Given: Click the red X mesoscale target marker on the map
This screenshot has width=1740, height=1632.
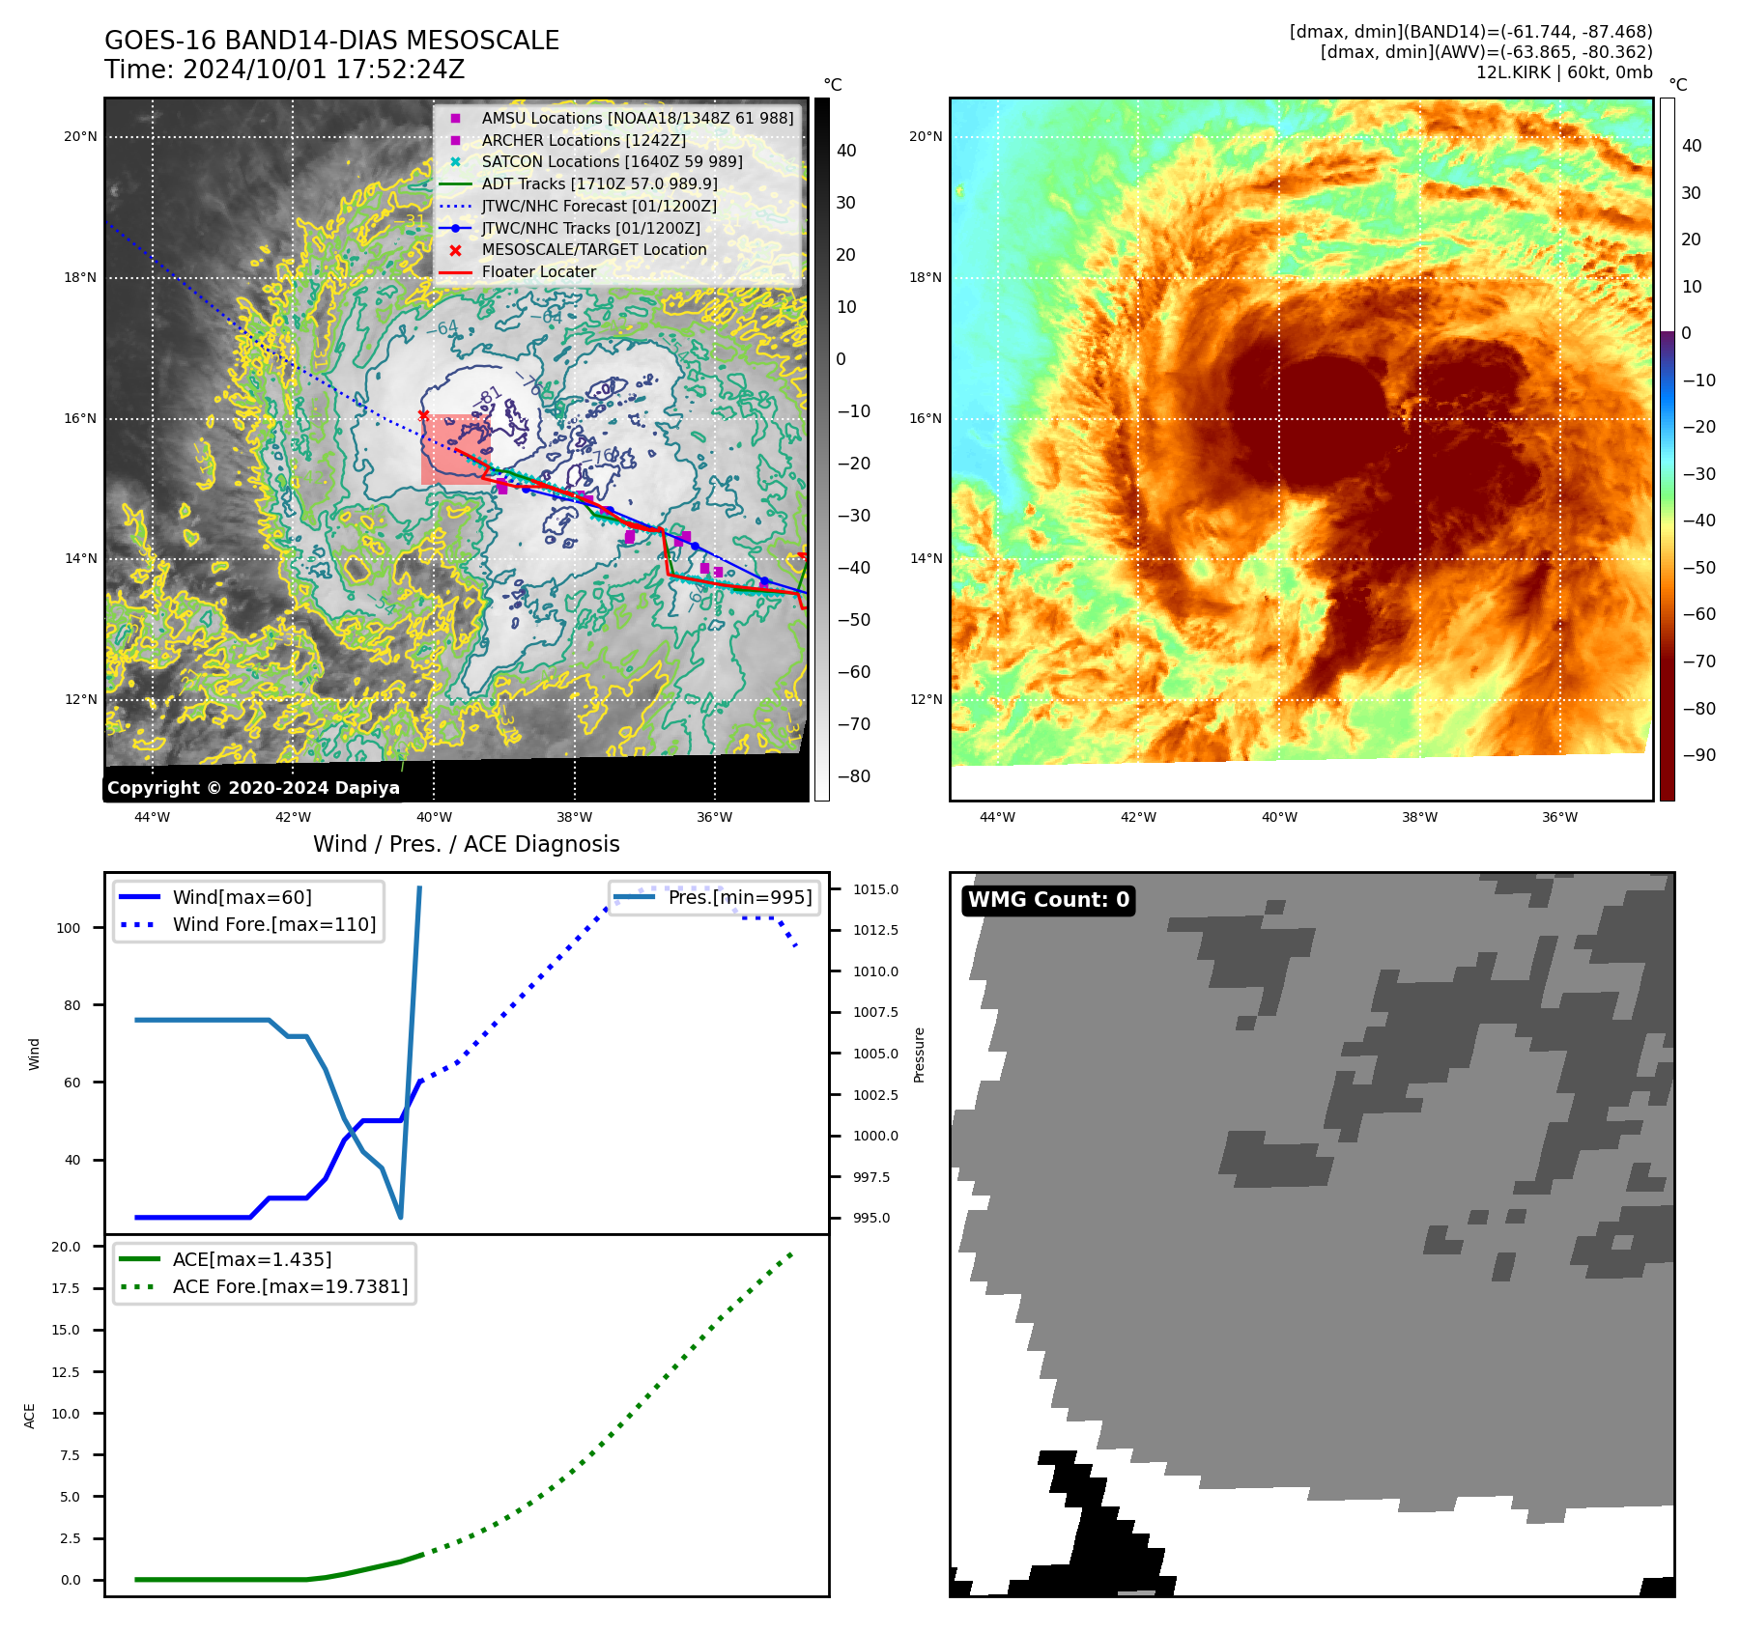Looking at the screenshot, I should coord(423,415).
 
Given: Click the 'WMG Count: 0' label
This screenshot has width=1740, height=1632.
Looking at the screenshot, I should coord(1048,900).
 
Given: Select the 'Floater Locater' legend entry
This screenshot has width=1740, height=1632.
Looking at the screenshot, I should coord(538,272).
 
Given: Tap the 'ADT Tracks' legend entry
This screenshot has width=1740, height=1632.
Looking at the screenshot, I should coord(599,183).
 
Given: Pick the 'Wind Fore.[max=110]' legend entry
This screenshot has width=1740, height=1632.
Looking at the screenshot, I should coord(274,924).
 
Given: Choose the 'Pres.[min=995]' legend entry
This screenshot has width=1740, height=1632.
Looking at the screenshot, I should coord(739,897).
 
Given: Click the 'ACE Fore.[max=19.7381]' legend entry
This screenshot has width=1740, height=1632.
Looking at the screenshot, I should coord(290,1286).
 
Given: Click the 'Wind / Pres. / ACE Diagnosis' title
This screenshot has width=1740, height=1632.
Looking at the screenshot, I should coord(467,844).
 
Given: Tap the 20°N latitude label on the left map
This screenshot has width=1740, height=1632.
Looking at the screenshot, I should coord(80,137).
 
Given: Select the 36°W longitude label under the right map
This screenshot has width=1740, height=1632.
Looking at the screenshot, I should coord(1559,818).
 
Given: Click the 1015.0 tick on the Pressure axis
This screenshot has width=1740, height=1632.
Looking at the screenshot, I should coord(875,889).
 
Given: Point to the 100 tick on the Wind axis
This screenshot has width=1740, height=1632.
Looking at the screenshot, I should coord(69,928).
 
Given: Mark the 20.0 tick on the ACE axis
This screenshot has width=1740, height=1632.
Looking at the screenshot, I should coord(67,1247).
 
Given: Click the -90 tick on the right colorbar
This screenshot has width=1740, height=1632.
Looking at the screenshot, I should coord(1698,755).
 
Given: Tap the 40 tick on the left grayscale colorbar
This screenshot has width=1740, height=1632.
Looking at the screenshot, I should coord(846,151).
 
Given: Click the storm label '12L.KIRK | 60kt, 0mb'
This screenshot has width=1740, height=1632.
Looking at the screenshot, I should coord(1563,72).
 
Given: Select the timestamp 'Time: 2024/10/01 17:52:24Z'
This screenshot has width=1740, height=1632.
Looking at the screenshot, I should coord(285,70).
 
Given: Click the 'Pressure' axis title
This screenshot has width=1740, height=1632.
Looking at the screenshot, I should coord(919,1055).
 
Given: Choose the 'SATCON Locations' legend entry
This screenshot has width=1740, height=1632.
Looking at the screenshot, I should coord(612,162).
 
